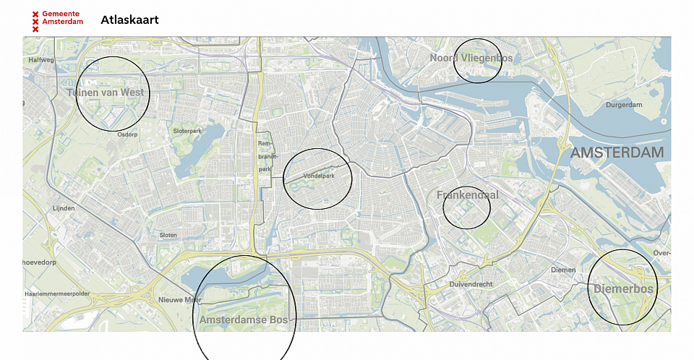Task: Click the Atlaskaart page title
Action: [x=129, y=20]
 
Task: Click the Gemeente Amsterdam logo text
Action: [x=61, y=18]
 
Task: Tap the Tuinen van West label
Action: [x=106, y=93]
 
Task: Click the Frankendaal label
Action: [x=468, y=195]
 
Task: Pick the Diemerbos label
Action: [x=623, y=289]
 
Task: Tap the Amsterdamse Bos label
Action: [x=244, y=320]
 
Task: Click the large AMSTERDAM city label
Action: [x=617, y=153]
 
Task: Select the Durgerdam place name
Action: [x=624, y=105]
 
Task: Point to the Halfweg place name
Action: [x=41, y=60]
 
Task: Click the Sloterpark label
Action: [x=187, y=131]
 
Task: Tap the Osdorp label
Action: [x=127, y=134]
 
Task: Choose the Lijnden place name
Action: [x=64, y=208]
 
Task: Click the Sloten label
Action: [x=168, y=235]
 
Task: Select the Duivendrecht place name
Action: [x=471, y=284]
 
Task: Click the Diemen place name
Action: [x=563, y=270]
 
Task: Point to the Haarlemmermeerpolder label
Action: [x=57, y=294]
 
